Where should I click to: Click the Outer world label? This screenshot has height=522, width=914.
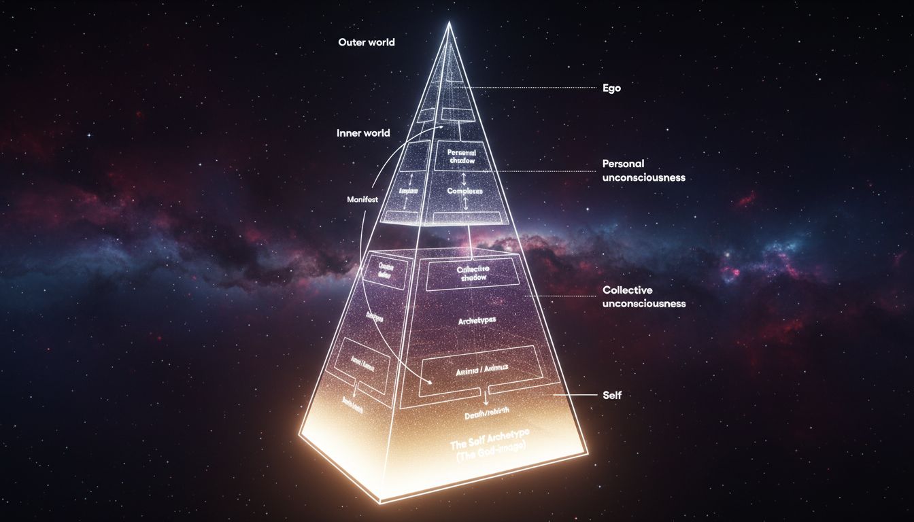(367, 42)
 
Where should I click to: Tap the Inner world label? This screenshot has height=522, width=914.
(363, 133)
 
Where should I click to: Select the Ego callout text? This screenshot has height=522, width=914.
(611, 88)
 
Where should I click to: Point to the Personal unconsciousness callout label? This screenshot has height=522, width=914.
(643, 171)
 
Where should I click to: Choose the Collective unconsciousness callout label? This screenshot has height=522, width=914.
(644, 297)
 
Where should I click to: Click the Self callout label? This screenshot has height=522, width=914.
(612, 395)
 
